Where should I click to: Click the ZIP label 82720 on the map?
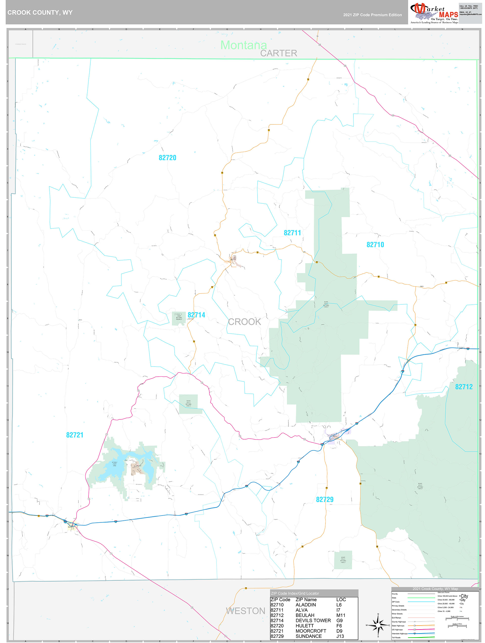pyautogui.click(x=167, y=158)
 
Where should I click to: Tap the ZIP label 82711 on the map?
pyautogui.click(x=292, y=233)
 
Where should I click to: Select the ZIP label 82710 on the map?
pyautogui.click(x=375, y=245)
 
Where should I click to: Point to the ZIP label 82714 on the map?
pyautogui.click(x=196, y=315)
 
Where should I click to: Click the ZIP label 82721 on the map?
pyautogui.click(x=75, y=435)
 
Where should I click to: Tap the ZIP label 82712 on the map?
pyautogui.click(x=464, y=387)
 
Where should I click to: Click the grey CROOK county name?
pyautogui.click(x=244, y=322)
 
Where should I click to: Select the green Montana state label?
pyautogui.click(x=243, y=45)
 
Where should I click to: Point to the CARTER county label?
pyautogui.click(x=278, y=53)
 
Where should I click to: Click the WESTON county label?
pyautogui.click(x=245, y=611)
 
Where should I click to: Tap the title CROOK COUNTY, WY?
pyautogui.click(x=40, y=13)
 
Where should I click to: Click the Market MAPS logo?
pyautogui.click(x=434, y=13)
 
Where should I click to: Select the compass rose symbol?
pyautogui.click(x=378, y=625)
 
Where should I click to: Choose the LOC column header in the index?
pyautogui.click(x=341, y=600)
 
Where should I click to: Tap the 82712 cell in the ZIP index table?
pyautogui.click(x=277, y=615)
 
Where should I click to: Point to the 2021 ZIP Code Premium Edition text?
pyautogui.click(x=372, y=15)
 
